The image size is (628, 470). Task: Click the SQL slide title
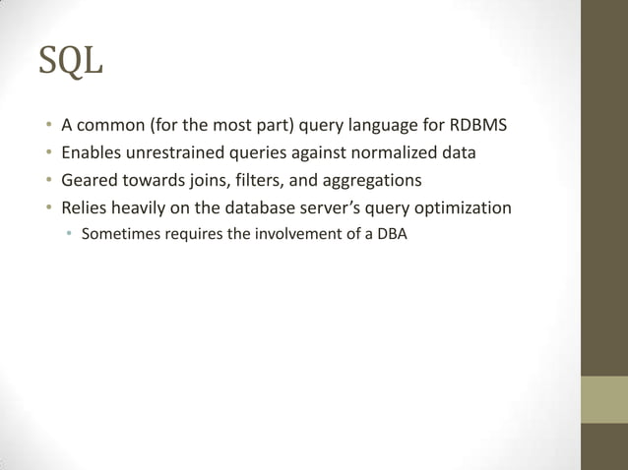70,63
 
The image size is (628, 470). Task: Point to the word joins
206,181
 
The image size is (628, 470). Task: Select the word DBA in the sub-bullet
391,235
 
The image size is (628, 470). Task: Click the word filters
253,181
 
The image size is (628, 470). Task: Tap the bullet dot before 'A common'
46,127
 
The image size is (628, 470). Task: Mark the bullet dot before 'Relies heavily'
46,209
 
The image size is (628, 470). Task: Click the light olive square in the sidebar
604,399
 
